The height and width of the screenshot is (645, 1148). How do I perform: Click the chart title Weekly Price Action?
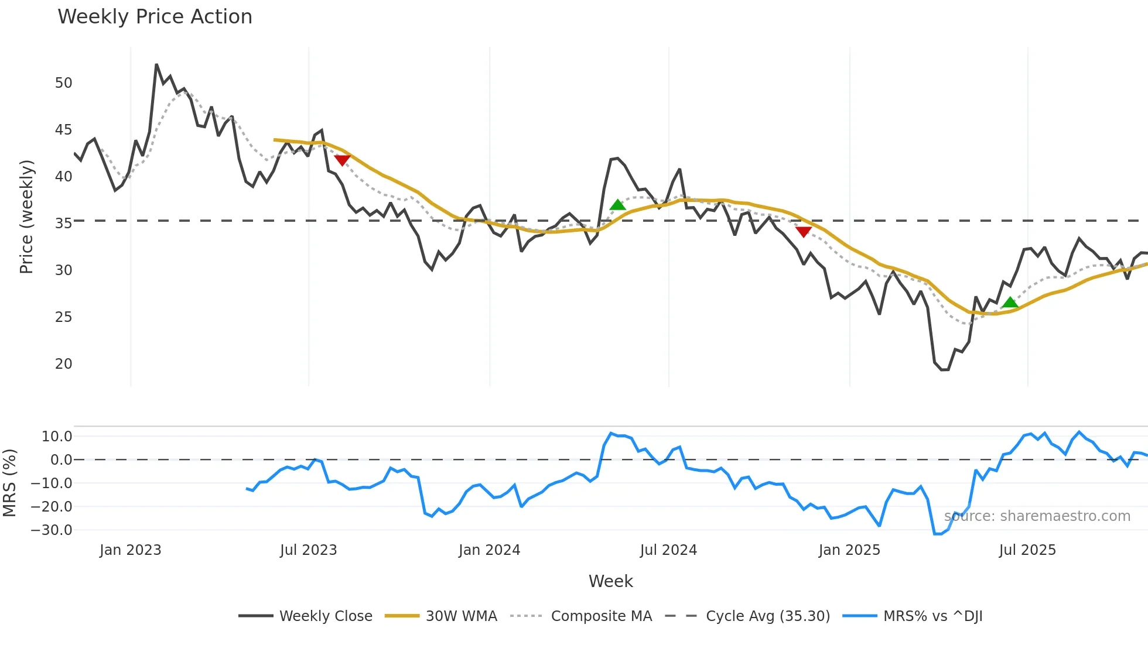[x=155, y=17]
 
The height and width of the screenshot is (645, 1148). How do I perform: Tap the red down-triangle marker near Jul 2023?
[x=342, y=160]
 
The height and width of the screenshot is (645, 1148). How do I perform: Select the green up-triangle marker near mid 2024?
[x=617, y=205]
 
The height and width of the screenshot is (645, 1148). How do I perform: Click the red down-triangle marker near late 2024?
[x=804, y=232]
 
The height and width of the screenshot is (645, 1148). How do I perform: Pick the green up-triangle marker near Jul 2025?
[x=1010, y=303]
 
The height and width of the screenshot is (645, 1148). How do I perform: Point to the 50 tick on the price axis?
[x=63, y=83]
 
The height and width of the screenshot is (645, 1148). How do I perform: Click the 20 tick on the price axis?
[x=63, y=364]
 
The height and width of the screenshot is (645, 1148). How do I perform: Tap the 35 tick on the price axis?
[x=63, y=224]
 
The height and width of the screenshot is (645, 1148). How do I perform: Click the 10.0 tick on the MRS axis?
[x=57, y=437]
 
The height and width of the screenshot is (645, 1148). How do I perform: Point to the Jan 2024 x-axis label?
[x=489, y=550]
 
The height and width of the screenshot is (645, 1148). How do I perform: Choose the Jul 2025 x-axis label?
[x=1027, y=550]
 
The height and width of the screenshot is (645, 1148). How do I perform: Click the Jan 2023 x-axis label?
[x=130, y=550]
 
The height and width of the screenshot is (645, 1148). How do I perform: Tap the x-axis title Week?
[x=610, y=581]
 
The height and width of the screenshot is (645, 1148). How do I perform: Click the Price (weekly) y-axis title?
[x=26, y=217]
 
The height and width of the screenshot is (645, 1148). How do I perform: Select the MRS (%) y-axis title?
[x=9, y=483]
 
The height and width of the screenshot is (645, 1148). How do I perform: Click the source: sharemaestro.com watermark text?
[x=1037, y=516]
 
